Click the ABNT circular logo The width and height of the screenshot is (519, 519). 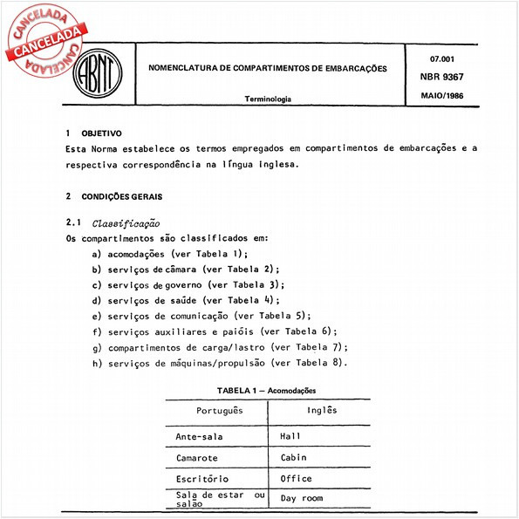(x=99, y=72)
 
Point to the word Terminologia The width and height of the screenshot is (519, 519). (x=269, y=100)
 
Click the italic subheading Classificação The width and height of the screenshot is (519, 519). (x=125, y=224)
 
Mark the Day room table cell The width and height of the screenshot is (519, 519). (x=302, y=500)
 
